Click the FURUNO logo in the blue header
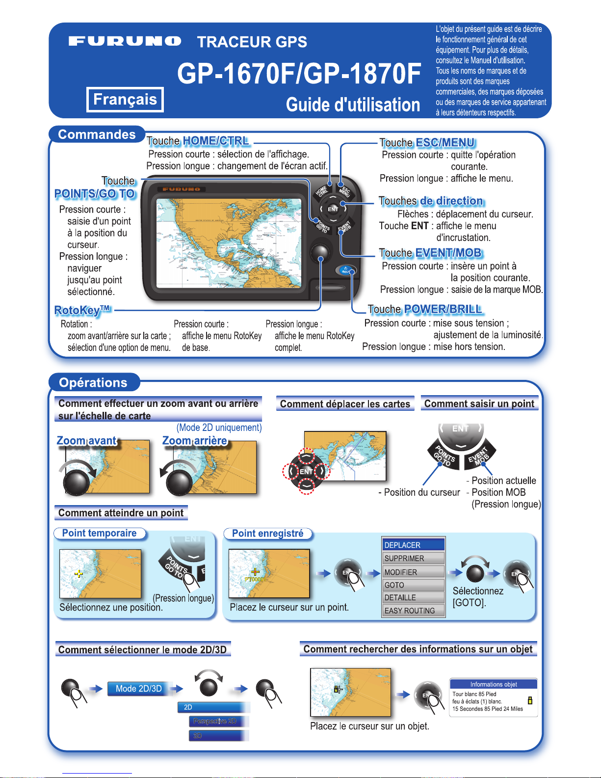[x=125, y=41]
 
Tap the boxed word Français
[x=125, y=99]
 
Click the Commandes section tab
[x=97, y=134]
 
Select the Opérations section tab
[x=93, y=382]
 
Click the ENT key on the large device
[x=333, y=209]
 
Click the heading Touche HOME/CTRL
[x=198, y=141]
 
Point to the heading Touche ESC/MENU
[x=427, y=143]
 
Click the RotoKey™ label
[x=82, y=310]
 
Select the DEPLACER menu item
[x=413, y=545]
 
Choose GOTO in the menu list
[x=413, y=585]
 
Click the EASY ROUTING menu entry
[x=413, y=611]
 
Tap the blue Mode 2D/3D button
[x=139, y=689]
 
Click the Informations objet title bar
[x=493, y=684]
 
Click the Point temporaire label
[x=99, y=534]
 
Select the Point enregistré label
[x=267, y=534]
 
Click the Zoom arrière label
[x=195, y=441]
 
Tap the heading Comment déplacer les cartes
[x=345, y=404]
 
